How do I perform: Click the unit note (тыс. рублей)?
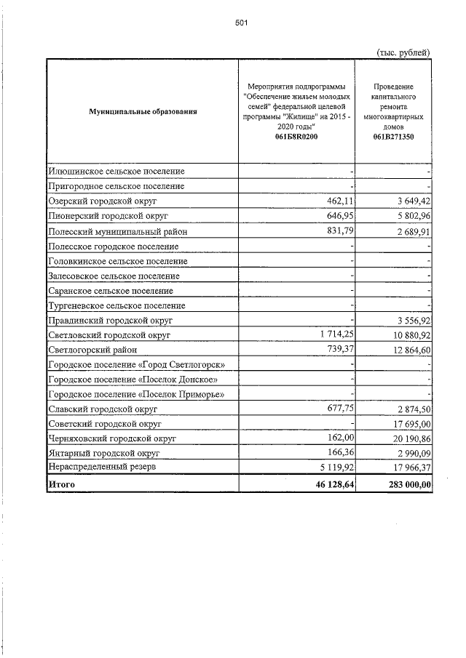[x=403, y=52]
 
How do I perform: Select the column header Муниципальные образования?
[x=143, y=111]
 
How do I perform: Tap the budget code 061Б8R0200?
[x=296, y=137]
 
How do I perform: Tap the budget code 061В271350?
[x=393, y=137]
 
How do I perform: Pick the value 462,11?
[x=339, y=200]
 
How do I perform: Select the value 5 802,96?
[x=410, y=216]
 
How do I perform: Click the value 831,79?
[x=339, y=230]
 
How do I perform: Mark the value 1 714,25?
[x=331, y=334]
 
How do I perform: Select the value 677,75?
[x=339, y=409]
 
